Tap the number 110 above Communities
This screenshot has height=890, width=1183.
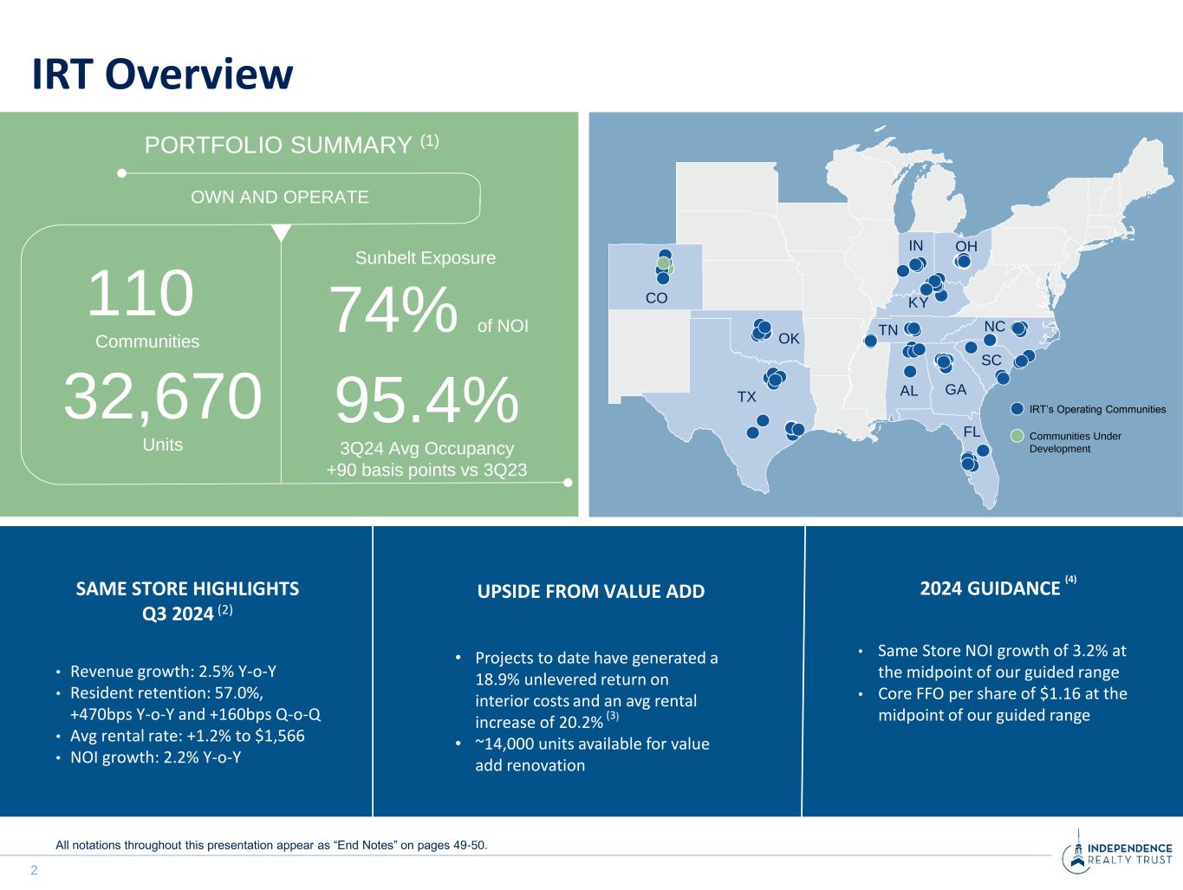tap(140, 295)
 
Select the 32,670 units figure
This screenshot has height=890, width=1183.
tap(162, 397)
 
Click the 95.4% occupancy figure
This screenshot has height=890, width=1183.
tap(426, 401)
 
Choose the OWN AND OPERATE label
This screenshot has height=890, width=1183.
tap(280, 197)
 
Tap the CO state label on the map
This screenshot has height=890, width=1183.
tap(657, 298)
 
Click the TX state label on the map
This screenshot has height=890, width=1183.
tap(746, 397)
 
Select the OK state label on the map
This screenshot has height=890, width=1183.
tap(789, 338)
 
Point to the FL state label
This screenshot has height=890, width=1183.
tap(972, 432)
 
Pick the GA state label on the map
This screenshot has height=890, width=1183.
tap(955, 390)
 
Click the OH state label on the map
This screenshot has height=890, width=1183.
tap(966, 246)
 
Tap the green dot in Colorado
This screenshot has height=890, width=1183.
tap(663, 263)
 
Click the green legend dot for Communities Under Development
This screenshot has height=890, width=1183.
tap(1017, 436)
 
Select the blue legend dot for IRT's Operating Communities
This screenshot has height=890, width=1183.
tap(1017, 409)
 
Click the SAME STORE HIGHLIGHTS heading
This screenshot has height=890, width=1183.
tap(187, 589)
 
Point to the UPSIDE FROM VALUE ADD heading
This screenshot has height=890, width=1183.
tap(591, 591)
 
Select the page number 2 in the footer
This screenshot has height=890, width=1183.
tap(35, 870)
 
